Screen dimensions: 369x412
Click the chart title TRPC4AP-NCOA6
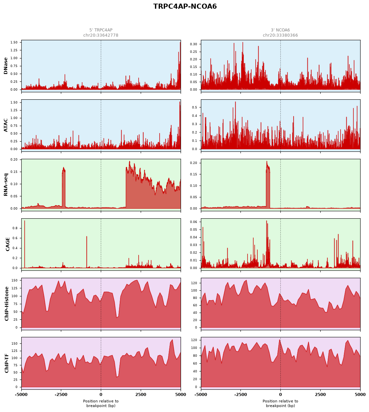tap(185, 6)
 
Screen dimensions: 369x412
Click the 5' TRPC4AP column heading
tap(101, 30)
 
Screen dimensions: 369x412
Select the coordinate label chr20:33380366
tap(280, 35)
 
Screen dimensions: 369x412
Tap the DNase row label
tap(6, 66)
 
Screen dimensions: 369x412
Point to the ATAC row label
tap(6, 125)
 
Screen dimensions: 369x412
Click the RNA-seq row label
tap(6, 185)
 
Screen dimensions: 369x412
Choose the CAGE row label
tap(7, 244)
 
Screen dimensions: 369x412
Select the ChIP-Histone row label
tap(6, 304)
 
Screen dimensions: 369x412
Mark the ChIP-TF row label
tap(6, 363)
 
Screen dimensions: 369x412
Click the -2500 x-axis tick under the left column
tap(61, 394)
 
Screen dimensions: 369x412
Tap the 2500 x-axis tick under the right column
tap(320, 394)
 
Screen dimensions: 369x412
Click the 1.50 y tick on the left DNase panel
tap(14, 42)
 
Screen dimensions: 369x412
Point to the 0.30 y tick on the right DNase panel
tap(193, 44)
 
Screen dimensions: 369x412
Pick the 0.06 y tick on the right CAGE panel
tap(193, 222)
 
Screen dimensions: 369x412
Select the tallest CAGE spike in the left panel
tap(25, 244)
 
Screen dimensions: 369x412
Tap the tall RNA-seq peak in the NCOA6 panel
tap(268, 185)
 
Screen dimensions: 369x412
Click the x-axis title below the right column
tap(280, 403)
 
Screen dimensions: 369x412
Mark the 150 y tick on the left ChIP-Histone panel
tap(15, 280)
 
